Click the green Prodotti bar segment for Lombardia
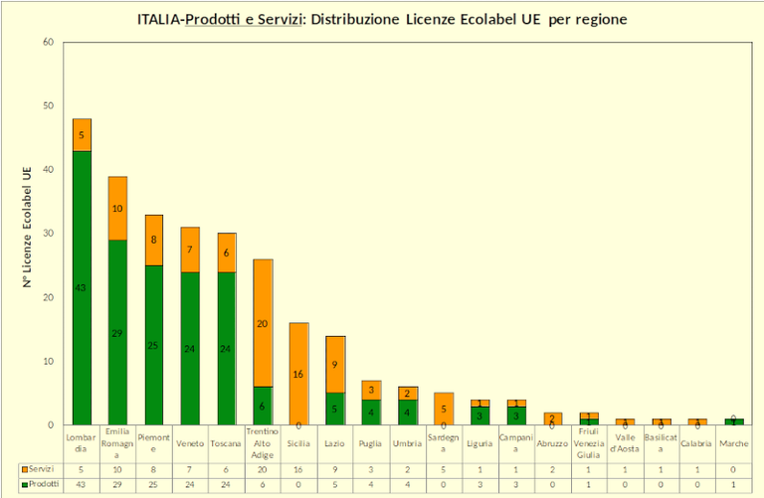tap(82, 288)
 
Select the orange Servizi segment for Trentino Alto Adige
tap(263, 323)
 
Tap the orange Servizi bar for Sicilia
tap(298, 374)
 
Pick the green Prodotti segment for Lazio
tap(335, 409)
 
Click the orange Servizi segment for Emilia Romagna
tap(117, 209)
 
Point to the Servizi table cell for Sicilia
tap(298, 468)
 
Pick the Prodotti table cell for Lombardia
tap(82, 483)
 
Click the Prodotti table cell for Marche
tap(734, 483)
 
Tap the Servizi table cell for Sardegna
tap(444, 468)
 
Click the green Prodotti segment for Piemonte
tap(154, 345)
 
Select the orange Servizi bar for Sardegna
tap(444, 409)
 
